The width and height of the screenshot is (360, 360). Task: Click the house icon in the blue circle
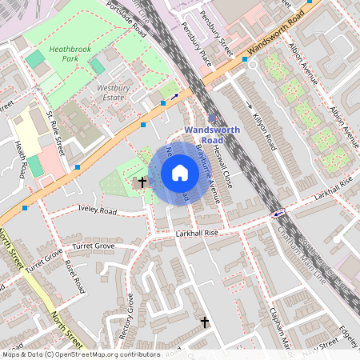(179, 173)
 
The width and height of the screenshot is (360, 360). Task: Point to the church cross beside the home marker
(142, 182)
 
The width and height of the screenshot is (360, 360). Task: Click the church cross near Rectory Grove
(204, 322)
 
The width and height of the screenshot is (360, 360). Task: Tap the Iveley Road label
(98, 211)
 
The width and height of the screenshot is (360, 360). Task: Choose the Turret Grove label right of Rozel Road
(94, 246)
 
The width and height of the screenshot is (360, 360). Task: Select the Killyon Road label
(264, 131)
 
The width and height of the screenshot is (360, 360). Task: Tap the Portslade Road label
(133, 21)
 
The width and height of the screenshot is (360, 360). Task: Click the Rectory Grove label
(125, 314)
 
